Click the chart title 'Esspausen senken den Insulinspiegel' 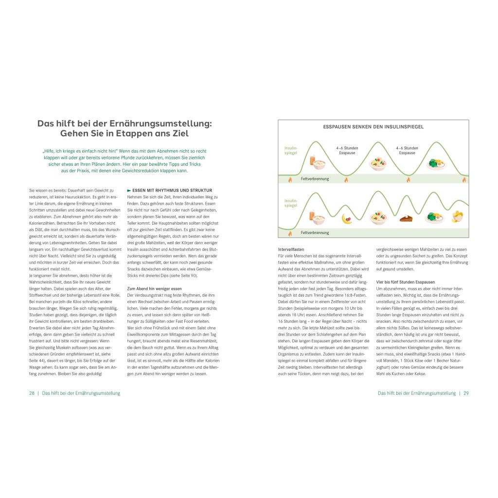[373, 126]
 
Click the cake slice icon [406, 219]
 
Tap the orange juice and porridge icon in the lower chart [316, 217]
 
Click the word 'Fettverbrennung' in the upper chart [315, 179]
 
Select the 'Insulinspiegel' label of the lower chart [290, 202]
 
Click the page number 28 [32, 393]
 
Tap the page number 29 [466, 393]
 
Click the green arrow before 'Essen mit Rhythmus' [129, 190]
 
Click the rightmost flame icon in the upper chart [463, 179]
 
